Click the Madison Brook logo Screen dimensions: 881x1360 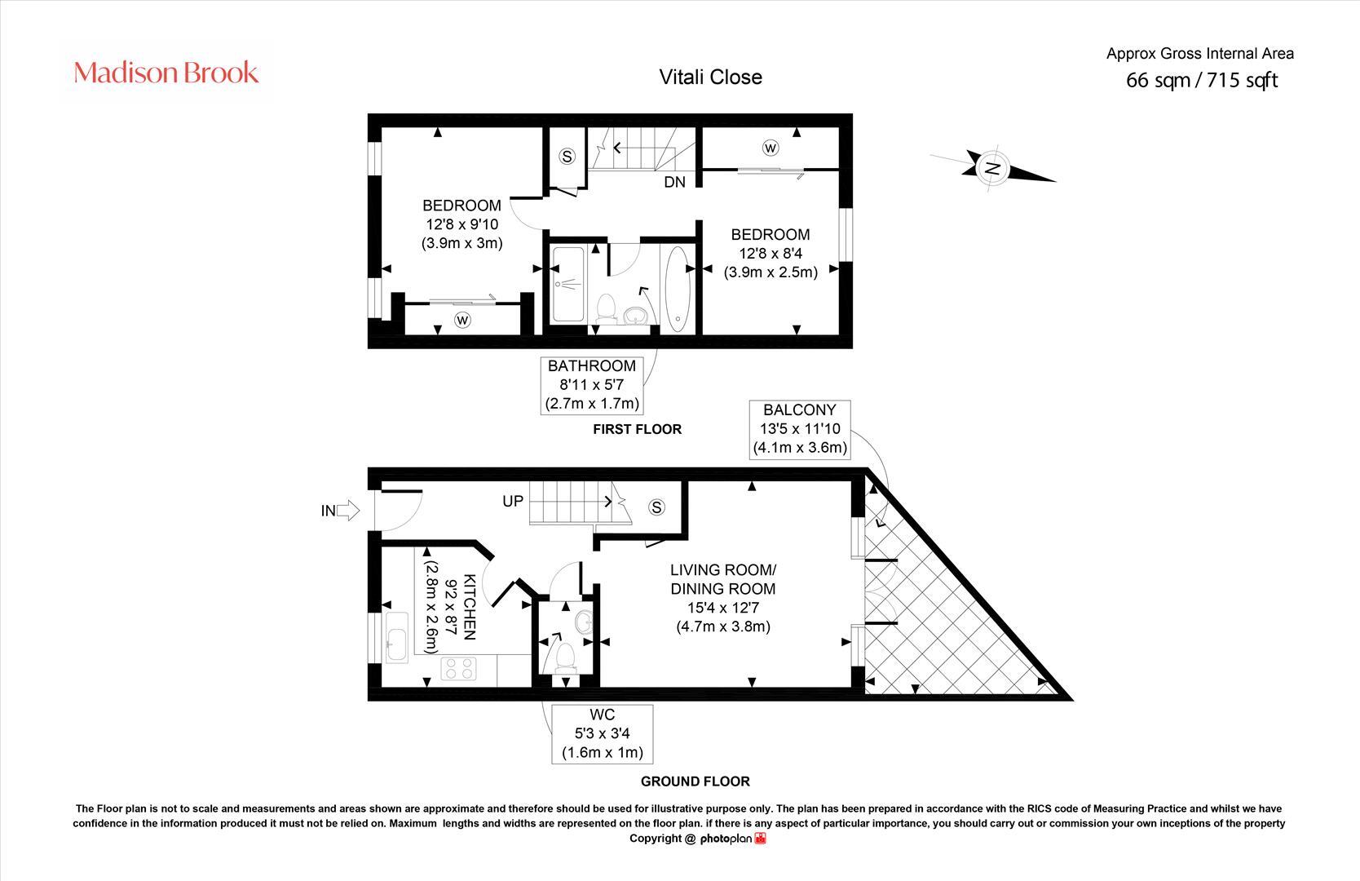click(166, 73)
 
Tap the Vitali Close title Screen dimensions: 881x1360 click(710, 77)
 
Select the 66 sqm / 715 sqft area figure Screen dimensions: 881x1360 click(1201, 80)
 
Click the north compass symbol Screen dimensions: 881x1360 click(992, 168)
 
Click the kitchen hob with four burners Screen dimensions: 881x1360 click(458, 670)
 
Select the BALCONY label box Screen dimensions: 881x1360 click(799, 429)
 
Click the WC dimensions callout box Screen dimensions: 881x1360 click(602, 733)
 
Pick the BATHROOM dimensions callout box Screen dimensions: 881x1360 click(591, 385)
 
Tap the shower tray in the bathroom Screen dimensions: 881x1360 click(568, 285)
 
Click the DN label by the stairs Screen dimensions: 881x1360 click(674, 182)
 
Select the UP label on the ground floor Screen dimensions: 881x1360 click(513, 501)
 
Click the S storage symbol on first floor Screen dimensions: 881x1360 click(567, 157)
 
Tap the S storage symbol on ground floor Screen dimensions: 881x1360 click(656, 507)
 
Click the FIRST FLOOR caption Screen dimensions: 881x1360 click(637, 429)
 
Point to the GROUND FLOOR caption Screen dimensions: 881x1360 click(695, 781)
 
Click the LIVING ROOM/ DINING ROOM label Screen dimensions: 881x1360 click(722, 579)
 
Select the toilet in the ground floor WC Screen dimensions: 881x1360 click(566, 657)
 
